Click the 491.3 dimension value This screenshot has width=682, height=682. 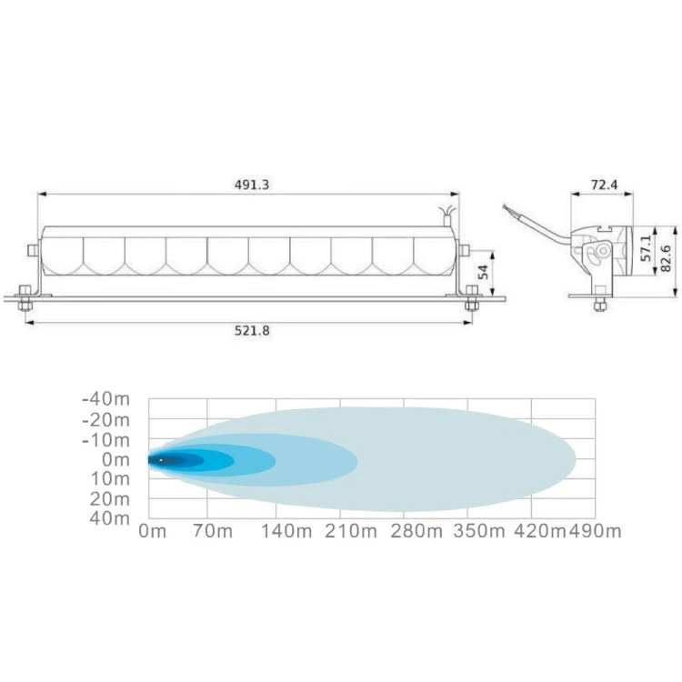point(252,185)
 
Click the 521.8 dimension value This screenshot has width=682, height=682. point(252,331)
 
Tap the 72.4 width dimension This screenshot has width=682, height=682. point(604,185)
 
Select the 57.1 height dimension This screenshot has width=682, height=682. point(646,248)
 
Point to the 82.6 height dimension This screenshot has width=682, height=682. point(666,258)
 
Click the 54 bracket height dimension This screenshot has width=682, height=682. point(483,272)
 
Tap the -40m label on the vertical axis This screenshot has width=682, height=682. point(106,398)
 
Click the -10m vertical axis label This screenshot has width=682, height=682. point(106,441)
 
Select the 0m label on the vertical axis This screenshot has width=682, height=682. point(116,459)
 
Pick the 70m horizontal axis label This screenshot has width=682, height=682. point(213,531)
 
